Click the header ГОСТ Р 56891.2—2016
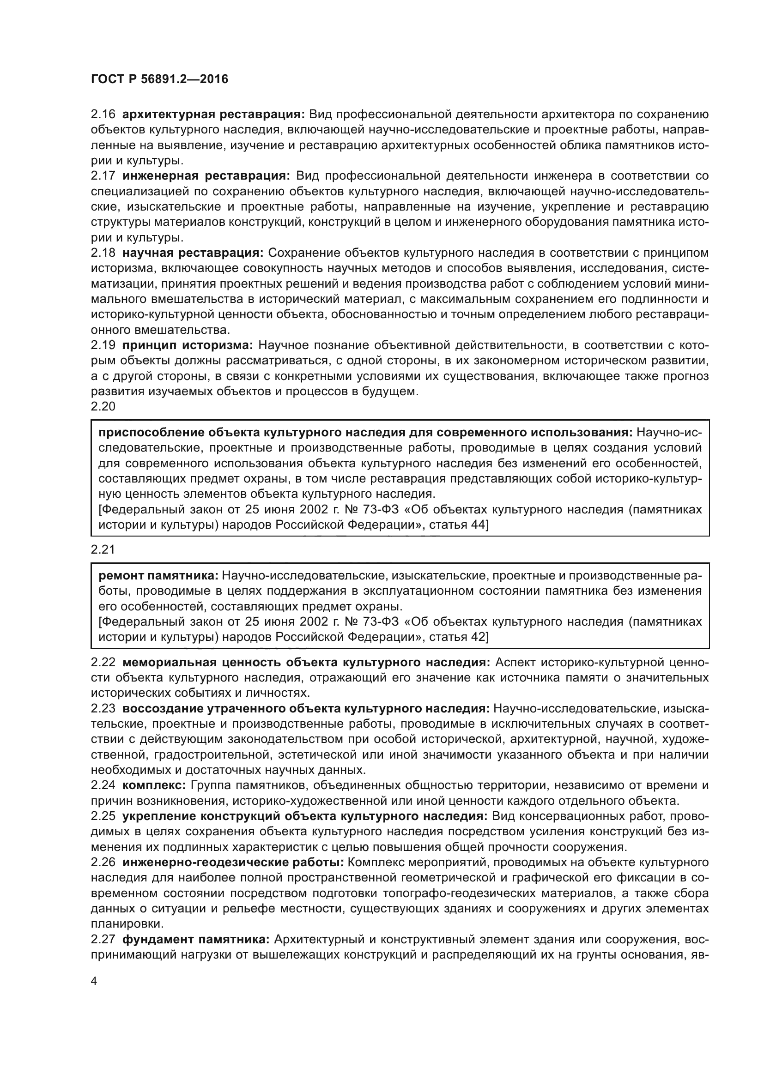(159, 79)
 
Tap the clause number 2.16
(103, 115)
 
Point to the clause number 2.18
(103, 253)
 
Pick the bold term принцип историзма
(188, 345)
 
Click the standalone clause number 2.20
(103, 406)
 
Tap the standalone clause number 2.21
(103, 549)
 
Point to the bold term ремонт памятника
(158, 576)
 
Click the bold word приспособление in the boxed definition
(151, 433)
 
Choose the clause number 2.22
(103, 663)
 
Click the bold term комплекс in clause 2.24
(154, 785)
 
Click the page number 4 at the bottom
(94, 981)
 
